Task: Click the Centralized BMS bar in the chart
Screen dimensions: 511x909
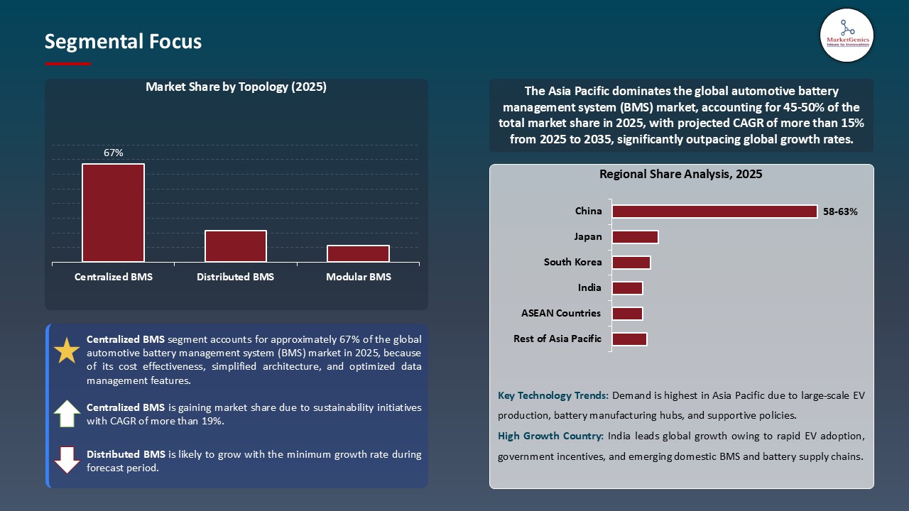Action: (113, 213)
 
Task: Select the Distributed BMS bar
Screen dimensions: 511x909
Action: (236, 246)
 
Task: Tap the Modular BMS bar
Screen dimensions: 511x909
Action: (358, 253)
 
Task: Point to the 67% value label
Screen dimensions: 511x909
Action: (113, 153)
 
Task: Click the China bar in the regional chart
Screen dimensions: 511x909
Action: (714, 211)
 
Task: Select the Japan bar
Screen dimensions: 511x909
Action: (635, 237)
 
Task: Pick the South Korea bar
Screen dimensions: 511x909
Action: (631, 263)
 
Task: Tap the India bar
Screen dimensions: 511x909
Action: (627, 288)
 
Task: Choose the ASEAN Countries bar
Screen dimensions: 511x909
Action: (627, 314)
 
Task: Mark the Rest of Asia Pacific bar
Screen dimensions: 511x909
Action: (629, 339)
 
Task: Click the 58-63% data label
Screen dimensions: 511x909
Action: (840, 211)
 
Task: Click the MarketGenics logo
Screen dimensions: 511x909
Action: (847, 35)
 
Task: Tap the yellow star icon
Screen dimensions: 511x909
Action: (67, 351)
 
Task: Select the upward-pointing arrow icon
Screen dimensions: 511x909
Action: (67, 414)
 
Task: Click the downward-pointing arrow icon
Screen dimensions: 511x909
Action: (67, 459)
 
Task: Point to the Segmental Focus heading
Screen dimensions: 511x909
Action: (123, 42)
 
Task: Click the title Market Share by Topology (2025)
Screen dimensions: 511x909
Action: (236, 87)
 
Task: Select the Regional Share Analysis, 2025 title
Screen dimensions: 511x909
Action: (680, 174)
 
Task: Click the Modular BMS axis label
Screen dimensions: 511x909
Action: (358, 277)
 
